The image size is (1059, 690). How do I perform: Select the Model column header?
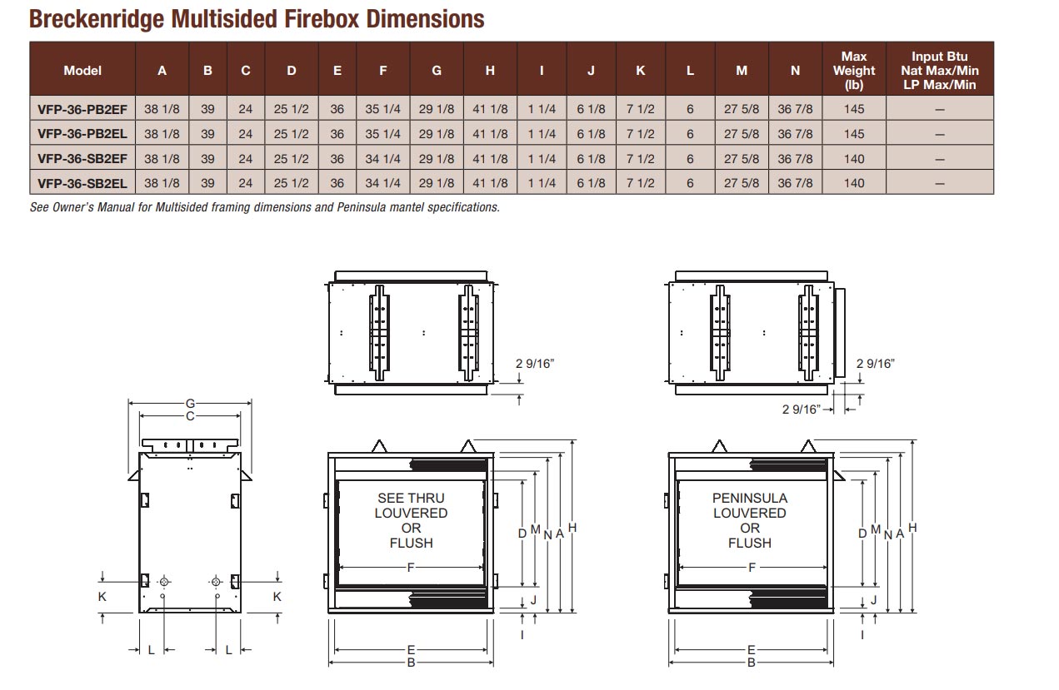click(x=82, y=71)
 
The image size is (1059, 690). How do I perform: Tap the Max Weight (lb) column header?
click(x=853, y=70)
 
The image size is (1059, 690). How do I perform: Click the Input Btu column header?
click(x=939, y=70)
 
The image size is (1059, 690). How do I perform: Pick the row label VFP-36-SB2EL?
click(x=82, y=183)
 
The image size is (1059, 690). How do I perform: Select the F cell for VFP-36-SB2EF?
click(x=382, y=159)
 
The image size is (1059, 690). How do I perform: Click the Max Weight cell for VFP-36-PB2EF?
click(x=853, y=109)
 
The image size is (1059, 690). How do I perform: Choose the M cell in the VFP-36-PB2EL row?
click(x=741, y=134)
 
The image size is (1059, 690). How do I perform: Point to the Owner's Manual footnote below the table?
click(x=264, y=207)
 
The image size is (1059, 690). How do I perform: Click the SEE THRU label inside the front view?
click(x=411, y=499)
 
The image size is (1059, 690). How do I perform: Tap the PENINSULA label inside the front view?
click(x=749, y=499)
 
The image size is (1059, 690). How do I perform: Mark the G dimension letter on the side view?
click(x=190, y=404)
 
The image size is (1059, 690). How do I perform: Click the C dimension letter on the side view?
click(x=190, y=416)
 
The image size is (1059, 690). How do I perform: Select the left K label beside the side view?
click(x=102, y=596)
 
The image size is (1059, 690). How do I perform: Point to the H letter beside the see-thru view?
click(x=572, y=528)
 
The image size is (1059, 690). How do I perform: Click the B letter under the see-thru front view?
click(x=411, y=663)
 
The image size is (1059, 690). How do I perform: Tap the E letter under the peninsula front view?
click(x=751, y=650)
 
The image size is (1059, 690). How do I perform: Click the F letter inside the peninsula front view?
click(x=752, y=568)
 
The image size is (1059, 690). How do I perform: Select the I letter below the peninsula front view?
click(x=862, y=634)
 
